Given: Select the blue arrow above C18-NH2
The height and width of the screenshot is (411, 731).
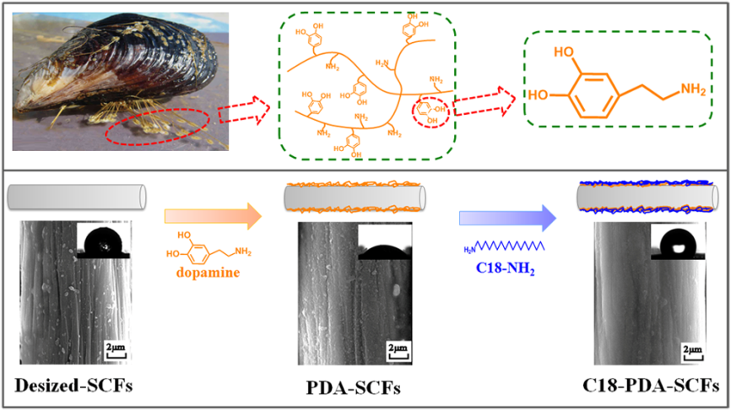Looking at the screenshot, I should [507, 217].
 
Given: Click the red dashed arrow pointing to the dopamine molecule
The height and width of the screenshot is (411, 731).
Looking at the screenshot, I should [482, 99].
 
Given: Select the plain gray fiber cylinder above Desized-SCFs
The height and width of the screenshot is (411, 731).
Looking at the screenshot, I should [77, 197].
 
